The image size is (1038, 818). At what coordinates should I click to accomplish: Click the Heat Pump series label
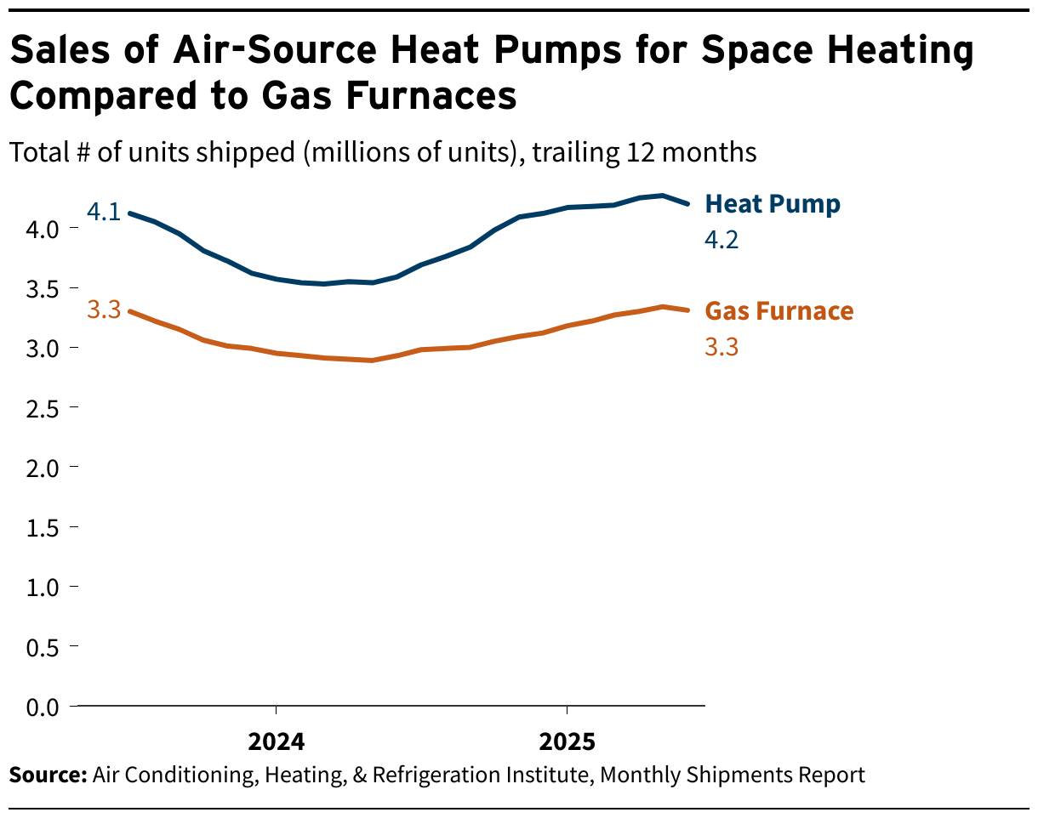click(773, 205)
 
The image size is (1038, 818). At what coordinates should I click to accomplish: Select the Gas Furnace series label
click(779, 311)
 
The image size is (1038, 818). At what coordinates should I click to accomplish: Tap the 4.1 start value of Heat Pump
click(104, 212)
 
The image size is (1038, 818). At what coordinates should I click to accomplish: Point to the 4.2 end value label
click(721, 241)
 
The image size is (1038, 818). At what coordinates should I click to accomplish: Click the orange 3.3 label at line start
click(104, 310)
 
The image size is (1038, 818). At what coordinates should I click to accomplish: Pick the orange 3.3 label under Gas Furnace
click(721, 347)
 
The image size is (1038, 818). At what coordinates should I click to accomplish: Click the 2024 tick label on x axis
click(276, 742)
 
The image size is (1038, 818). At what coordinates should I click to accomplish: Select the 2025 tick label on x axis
click(567, 742)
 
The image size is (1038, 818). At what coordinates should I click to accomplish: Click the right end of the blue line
click(687, 204)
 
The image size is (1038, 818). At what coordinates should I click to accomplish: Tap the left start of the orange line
click(129, 311)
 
